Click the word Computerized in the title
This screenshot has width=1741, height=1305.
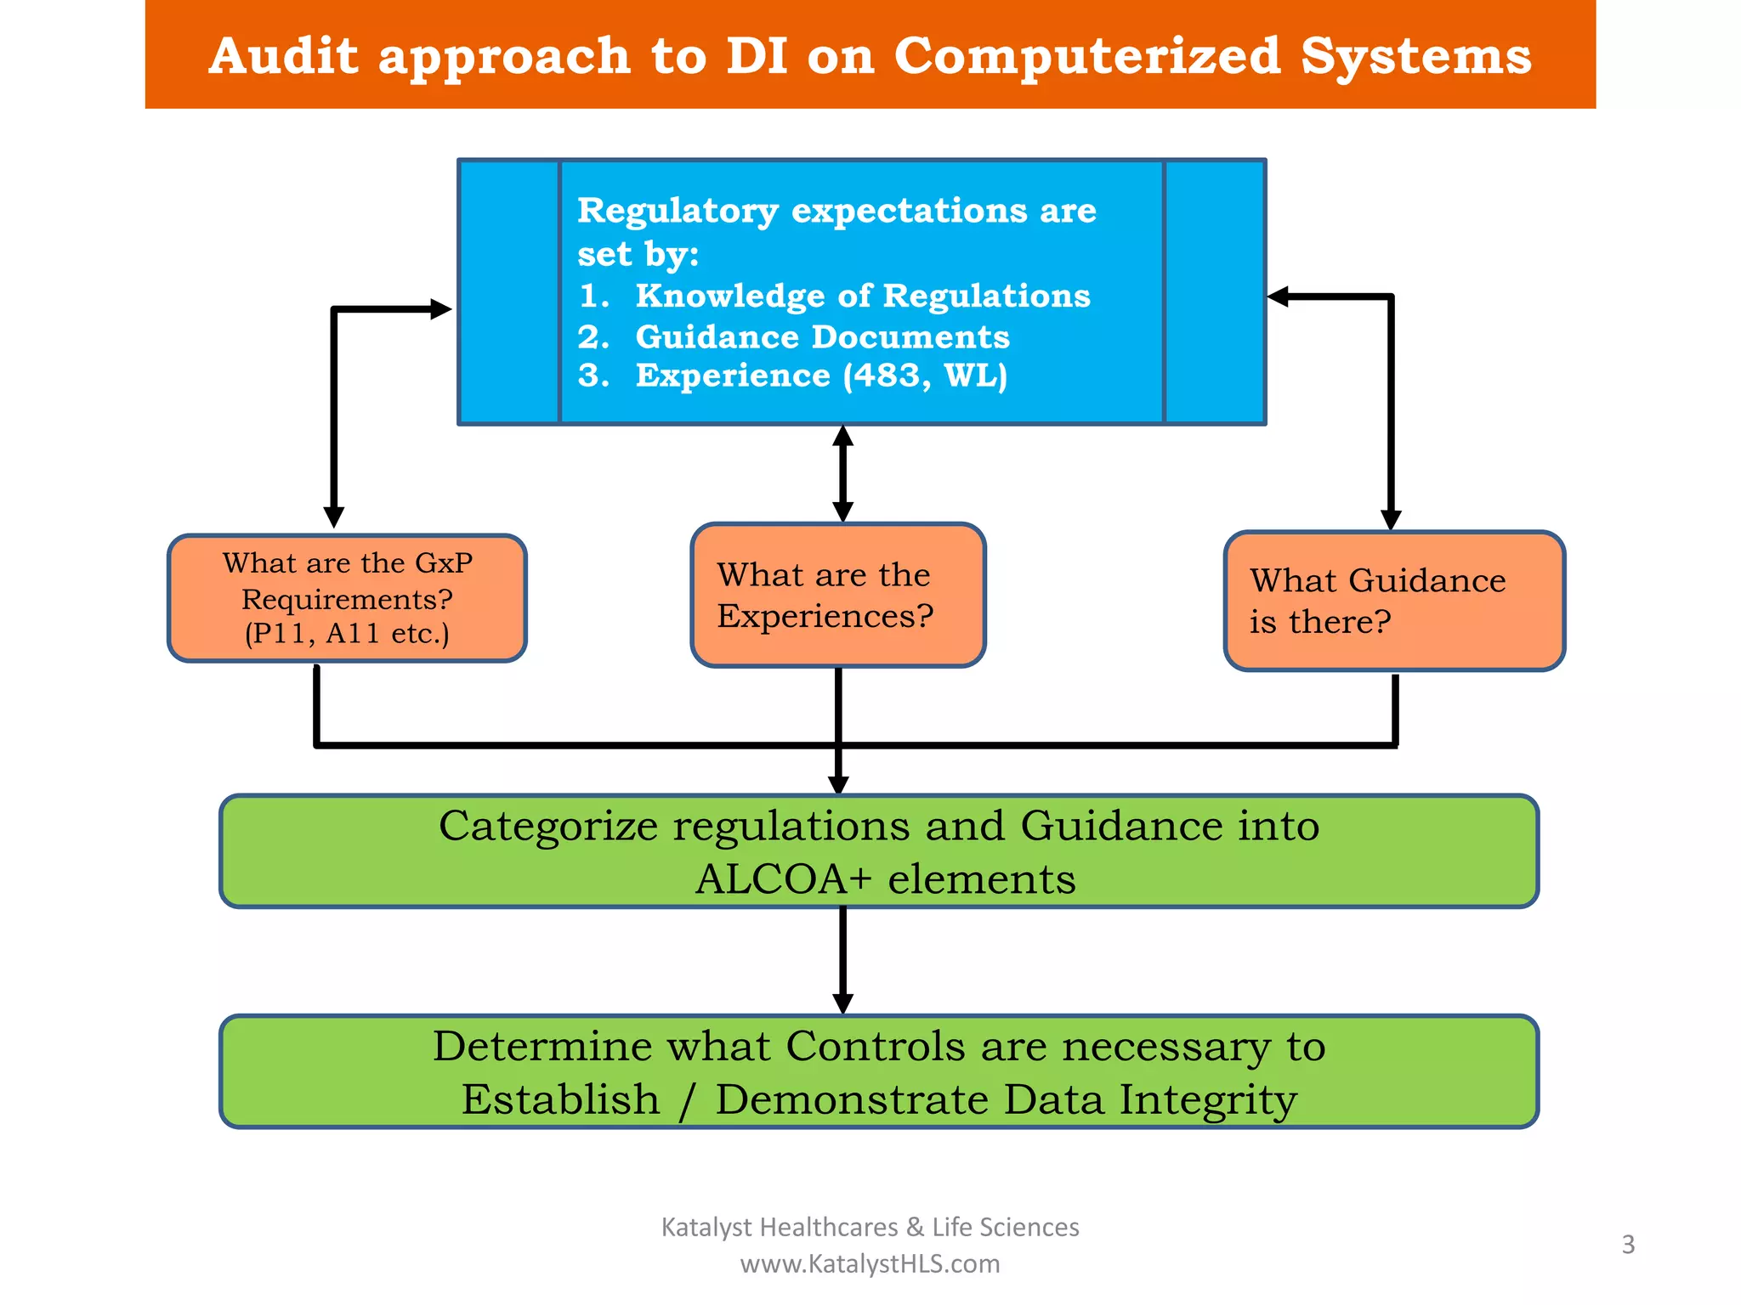[x=1086, y=56]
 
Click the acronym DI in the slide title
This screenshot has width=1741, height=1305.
[x=756, y=56]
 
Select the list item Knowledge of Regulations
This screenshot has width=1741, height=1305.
[x=862, y=296]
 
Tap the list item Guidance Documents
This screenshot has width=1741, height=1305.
[x=822, y=337]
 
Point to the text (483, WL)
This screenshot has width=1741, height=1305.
[x=925, y=376]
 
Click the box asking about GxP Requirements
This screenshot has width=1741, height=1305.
[x=347, y=598]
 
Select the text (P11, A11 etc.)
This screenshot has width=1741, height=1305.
[x=347, y=634]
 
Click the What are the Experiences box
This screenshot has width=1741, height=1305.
[x=837, y=595]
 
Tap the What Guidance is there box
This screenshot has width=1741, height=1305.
[x=1393, y=601]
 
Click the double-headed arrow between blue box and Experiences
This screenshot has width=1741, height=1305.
[x=842, y=473]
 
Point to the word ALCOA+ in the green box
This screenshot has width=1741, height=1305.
[x=783, y=878]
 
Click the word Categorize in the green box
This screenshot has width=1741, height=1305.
[x=548, y=826]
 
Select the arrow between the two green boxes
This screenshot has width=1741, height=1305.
[x=842, y=960]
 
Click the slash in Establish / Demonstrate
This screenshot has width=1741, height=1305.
[x=687, y=1101]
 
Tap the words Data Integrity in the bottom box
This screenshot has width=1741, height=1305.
[x=1150, y=1099]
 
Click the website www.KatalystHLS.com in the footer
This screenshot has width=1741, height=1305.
[x=870, y=1264]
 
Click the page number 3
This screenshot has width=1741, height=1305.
[x=1628, y=1245]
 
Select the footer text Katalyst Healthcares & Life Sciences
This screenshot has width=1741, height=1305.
[x=870, y=1227]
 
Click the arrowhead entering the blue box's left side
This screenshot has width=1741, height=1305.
[x=440, y=309]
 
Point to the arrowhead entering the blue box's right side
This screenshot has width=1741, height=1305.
[x=1279, y=297]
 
